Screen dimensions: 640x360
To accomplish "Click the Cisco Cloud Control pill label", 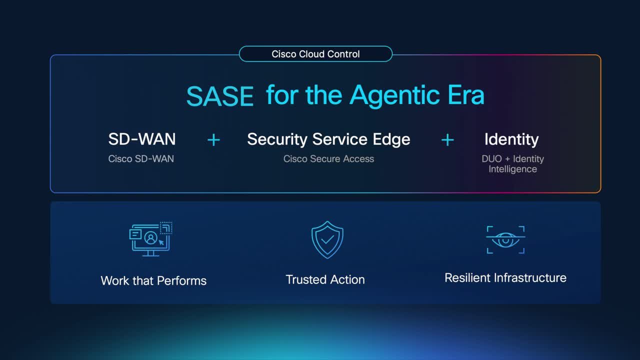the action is tap(315, 53).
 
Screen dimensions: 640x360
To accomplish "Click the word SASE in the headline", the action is tap(219, 96).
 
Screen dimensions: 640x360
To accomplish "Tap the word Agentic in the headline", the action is tap(394, 96).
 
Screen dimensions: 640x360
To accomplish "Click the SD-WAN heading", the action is tap(142, 139).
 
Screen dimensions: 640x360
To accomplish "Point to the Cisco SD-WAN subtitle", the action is tap(141, 158).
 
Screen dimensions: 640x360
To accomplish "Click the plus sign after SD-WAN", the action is tap(213, 140).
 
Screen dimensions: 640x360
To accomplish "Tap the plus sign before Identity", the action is tap(447, 140).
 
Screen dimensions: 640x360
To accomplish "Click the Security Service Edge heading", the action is tap(328, 139).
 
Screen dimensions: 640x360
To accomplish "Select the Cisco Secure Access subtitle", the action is tap(328, 158).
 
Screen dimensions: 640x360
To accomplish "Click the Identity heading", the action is tap(511, 139).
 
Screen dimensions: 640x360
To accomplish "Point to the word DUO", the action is tap(491, 158).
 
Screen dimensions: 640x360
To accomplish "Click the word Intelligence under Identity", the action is tap(513, 169).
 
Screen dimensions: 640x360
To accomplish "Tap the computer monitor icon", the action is tap(151, 239).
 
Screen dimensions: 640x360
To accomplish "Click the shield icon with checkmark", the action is tap(327, 239).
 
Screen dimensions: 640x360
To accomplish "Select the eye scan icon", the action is tap(505, 239).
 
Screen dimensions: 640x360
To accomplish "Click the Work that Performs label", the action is tap(153, 280).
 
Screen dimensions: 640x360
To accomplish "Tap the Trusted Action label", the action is tap(325, 279).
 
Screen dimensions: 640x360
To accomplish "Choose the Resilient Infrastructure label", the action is tap(505, 277).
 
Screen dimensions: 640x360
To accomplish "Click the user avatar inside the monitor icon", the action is tap(151, 237).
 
